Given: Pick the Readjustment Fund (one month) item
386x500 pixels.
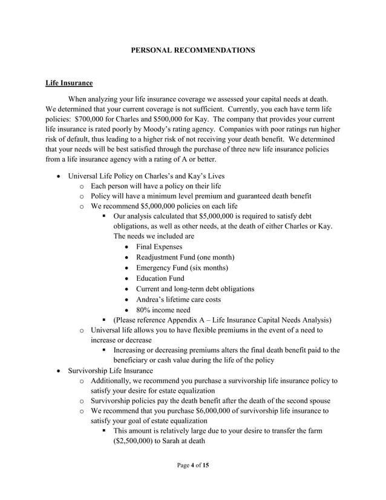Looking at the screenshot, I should pos(185,257).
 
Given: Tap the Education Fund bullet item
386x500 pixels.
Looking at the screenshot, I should pos(160,278).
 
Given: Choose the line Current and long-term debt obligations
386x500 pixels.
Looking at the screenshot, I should pos(195,289).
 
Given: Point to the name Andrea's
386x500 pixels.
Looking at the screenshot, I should pos(152,299).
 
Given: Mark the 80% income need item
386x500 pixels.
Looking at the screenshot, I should pos(163,309).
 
